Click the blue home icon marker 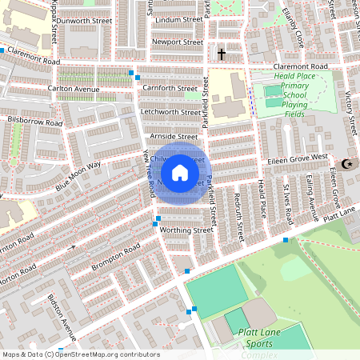point(180,172)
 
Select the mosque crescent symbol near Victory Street point(346,164)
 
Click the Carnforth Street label point(170,88)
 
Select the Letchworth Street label point(170,112)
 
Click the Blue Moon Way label point(78,176)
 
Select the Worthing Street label point(187,230)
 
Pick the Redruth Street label point(238,217)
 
